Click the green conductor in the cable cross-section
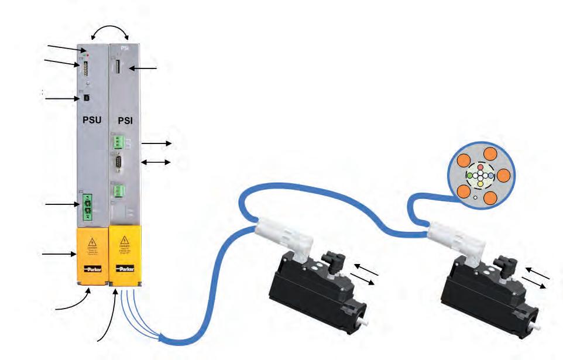pyautogui.click(x=469, y=175)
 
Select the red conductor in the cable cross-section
pyautogui.click(x=480, y=167)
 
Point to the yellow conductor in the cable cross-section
pyautogui.click(x=480, y=183)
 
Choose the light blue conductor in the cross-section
pyautogui.click(x=490, y=175)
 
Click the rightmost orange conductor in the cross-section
pyautogui.click(x=503, y=175)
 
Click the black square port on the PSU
pyautogui.click(x=84, y=98)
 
